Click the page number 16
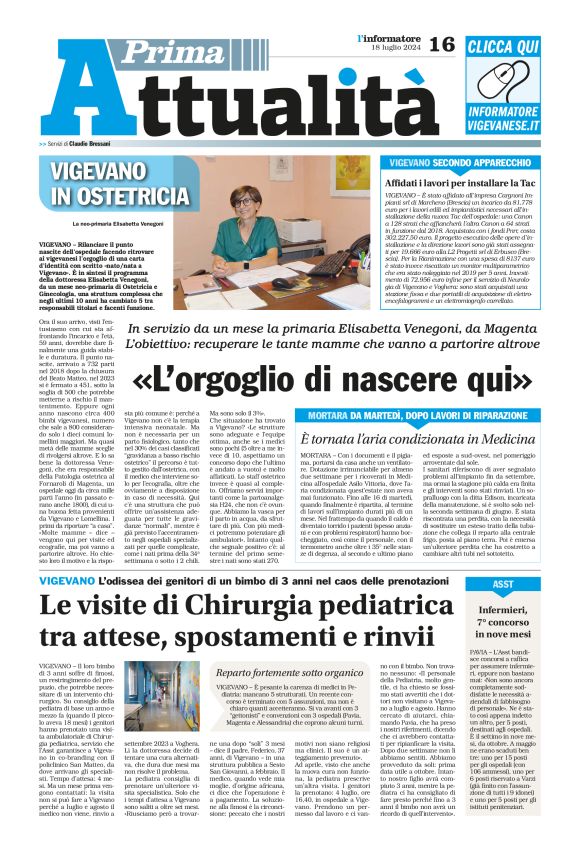click(442, 43)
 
